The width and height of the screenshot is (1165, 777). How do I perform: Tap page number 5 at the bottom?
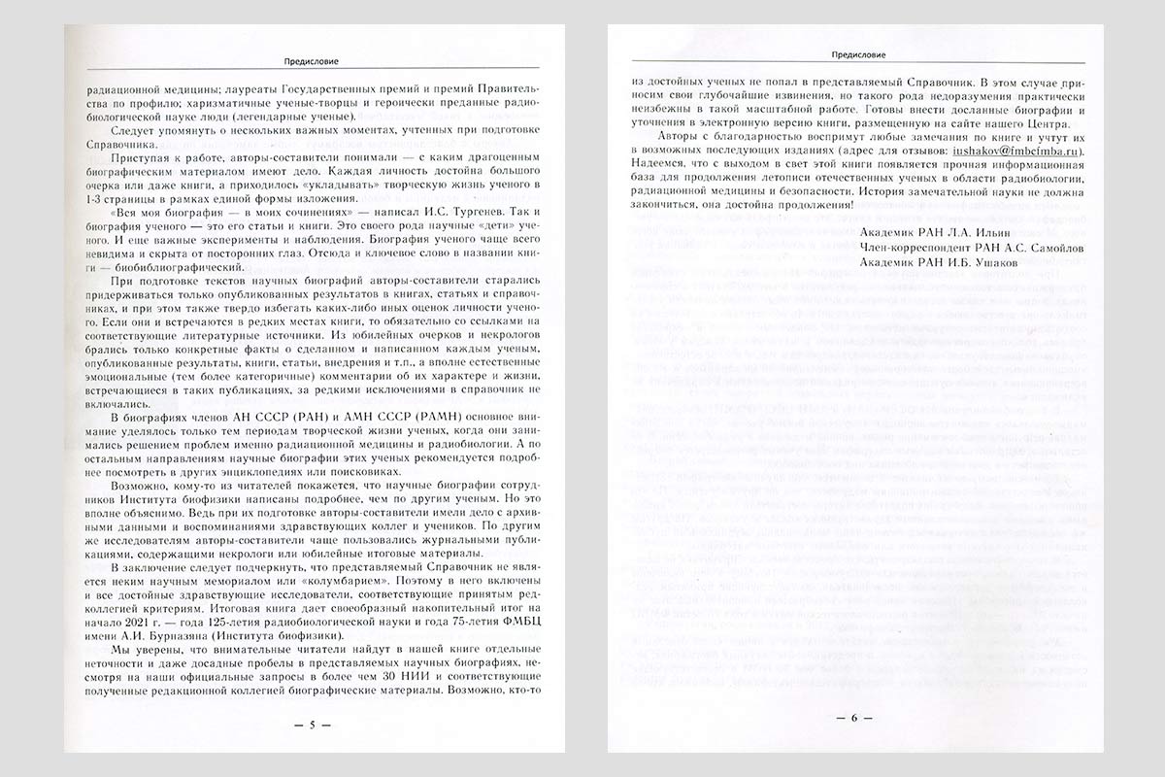[x=313, y=725]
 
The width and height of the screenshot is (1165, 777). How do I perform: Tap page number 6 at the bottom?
[x=855, y=719]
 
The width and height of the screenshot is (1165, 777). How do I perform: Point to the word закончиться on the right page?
[x=665, y=206]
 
